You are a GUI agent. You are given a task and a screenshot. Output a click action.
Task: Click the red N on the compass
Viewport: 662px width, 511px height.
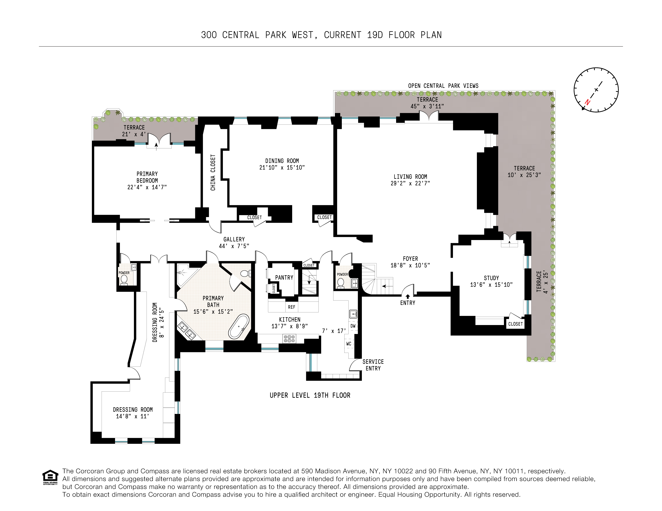click(587, 102)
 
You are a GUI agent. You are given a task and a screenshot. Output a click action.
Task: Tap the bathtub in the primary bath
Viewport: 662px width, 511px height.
click(239, 326)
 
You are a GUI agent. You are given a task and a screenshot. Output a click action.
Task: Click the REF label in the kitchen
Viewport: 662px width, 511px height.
click(291, 307)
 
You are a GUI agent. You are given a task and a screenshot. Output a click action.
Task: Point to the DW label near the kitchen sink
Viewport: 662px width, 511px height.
click(353, 326)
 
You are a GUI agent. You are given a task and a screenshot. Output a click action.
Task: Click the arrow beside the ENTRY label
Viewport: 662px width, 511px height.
click(408, 297)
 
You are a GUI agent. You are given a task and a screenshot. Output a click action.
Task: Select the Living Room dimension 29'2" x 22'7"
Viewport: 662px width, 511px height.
click(410, 183)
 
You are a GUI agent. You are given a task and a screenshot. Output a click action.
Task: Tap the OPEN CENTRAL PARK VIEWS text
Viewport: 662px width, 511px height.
click(443, 86)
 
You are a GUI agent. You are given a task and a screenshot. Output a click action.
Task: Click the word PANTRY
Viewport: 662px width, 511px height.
click(284, 277)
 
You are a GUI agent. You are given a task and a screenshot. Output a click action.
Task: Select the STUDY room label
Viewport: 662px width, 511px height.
click(491, 278)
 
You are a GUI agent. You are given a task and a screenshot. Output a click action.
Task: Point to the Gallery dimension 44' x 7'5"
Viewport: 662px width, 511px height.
click(234, 246)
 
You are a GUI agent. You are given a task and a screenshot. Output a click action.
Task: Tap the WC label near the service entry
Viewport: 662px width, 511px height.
click(349, 344)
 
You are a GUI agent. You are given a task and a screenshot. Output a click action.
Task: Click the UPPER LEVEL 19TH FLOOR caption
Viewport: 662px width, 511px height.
click(310, 395)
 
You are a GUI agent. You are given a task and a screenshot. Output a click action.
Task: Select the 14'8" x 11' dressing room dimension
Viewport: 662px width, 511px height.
click(133, 416)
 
